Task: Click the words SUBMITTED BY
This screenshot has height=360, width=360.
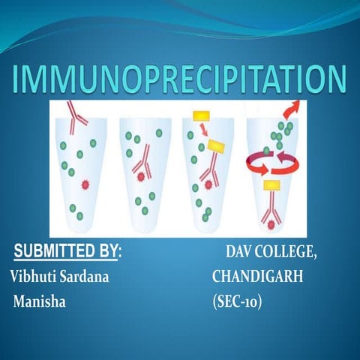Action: (x=70, y=250)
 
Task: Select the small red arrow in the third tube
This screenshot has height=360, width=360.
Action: (x=204, y=134)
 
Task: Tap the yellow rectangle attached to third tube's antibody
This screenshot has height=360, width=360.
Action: (x=217, y=146)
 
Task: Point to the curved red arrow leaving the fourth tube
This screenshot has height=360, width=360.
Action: (x=289, y=107)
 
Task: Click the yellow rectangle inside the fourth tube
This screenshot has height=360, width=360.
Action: (x=272, y=184)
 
